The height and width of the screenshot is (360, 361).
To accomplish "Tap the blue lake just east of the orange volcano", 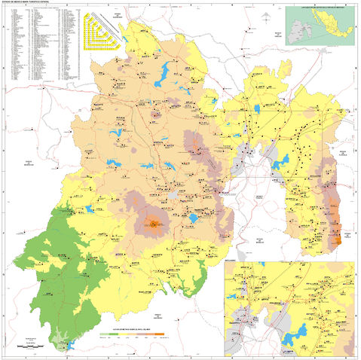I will point(194,218).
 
